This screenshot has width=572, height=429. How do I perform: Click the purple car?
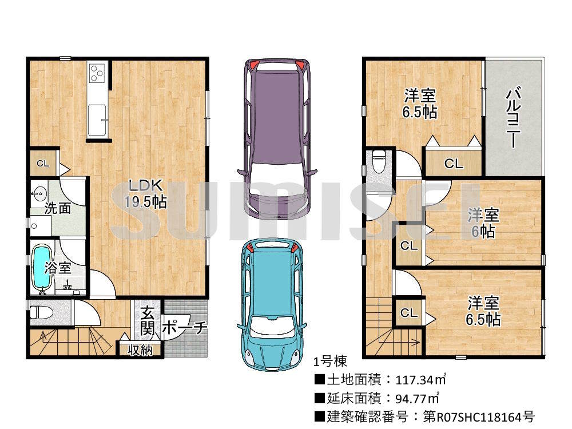[277, 138]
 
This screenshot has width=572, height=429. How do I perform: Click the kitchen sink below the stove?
[97, 118]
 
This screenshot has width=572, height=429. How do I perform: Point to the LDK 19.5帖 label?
[146, 193]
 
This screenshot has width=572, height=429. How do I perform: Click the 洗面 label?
[58, 209]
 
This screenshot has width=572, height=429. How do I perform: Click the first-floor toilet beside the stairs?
[41, 313]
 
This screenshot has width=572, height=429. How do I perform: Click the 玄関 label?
[148, 321]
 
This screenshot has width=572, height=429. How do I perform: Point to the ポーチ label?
[184, 327]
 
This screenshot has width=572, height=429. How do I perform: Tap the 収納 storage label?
[140, 350]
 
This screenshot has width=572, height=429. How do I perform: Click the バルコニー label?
[513, 117]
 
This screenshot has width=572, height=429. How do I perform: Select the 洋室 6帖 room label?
[483, 223]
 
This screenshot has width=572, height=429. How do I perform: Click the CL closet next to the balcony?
[454, 164]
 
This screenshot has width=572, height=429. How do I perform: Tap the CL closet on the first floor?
[43, 164]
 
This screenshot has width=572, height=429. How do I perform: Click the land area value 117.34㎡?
[420, 380]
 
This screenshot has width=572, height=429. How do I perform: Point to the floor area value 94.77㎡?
[417, 398]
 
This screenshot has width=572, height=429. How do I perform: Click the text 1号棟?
[330, 362]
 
